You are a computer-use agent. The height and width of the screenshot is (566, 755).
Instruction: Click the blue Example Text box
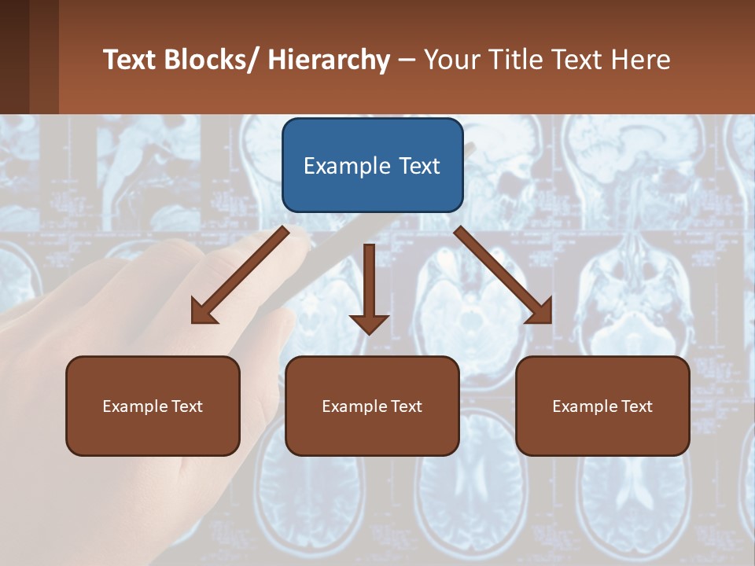point(372,165)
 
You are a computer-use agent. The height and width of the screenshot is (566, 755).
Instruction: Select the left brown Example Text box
point(153,406)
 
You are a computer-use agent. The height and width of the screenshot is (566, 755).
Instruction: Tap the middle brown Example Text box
point(372,406)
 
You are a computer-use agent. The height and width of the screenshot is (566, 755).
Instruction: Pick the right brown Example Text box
point(602,406)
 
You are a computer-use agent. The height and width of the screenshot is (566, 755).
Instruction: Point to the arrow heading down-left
point(240,275)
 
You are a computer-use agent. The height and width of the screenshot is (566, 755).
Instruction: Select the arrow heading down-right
point(503,275)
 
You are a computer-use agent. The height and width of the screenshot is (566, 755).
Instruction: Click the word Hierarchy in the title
point(329,60)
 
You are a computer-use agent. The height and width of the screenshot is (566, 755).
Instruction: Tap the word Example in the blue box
point(347,166)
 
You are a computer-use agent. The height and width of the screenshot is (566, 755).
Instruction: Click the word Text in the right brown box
point(636,406)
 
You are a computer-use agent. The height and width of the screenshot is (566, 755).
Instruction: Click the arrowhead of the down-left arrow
point(203,313)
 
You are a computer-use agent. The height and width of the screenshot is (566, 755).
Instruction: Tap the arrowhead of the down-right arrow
point(540,312)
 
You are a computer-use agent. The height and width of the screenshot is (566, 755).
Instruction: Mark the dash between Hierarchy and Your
point(407,61)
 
